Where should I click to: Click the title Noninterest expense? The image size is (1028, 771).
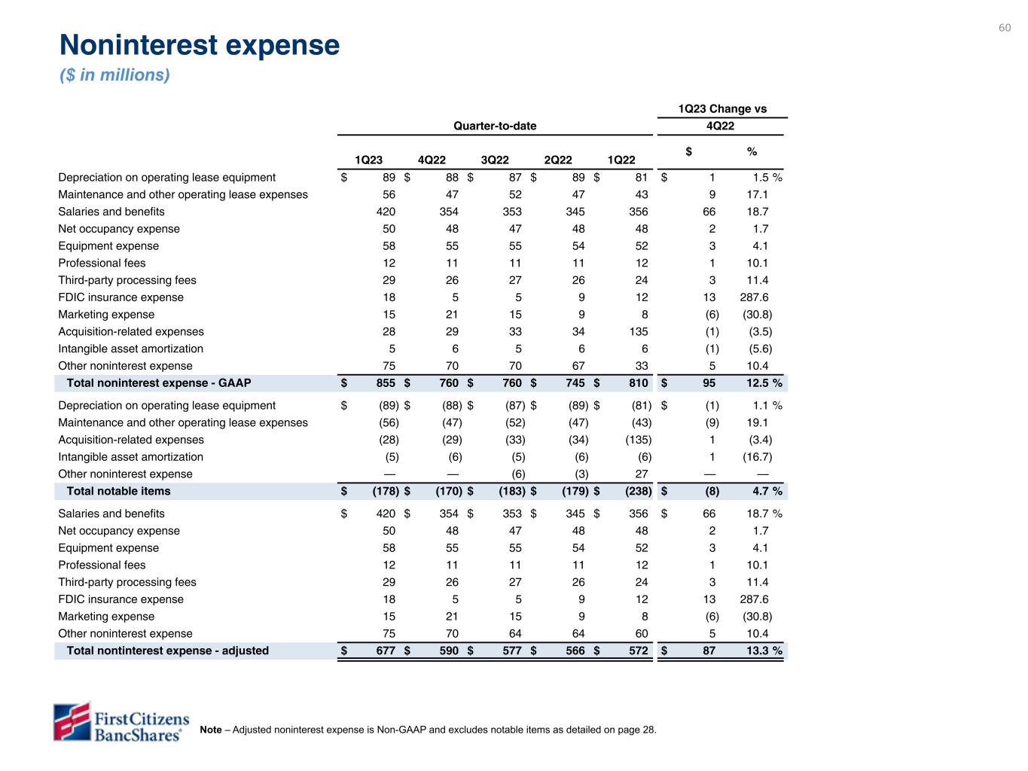[x=200, y=46]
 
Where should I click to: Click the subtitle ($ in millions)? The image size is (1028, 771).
[x=114, y=75]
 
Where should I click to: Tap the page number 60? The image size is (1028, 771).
[x=1005, y=28]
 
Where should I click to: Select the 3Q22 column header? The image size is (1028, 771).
[x=495, y=160]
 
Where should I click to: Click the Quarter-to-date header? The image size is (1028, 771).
[x=495, y=126]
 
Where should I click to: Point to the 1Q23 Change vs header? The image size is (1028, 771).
[x=722, y=109]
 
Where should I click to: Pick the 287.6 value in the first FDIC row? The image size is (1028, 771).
[x=754, y=297]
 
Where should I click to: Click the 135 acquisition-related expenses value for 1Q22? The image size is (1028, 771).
[x=638, y=332]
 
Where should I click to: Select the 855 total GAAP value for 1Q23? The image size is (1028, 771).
[x=386, y=383]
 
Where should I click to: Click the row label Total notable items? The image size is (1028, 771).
[x=118, y=492]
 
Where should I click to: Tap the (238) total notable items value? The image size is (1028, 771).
[x=637, y=492]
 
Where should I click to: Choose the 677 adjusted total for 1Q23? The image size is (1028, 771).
[x=386, y=651]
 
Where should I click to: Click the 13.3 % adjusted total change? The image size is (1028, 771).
[x=764, y=651]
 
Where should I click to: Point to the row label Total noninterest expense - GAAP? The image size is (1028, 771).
[x=159, y=383]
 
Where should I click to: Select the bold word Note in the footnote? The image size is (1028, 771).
[x=211, y=730]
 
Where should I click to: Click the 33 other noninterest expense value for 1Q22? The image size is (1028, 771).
[x=641, y=367]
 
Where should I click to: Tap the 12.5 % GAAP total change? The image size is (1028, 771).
[x=764, y=383]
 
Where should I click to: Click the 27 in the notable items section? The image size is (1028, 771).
[x=641, y=474]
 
